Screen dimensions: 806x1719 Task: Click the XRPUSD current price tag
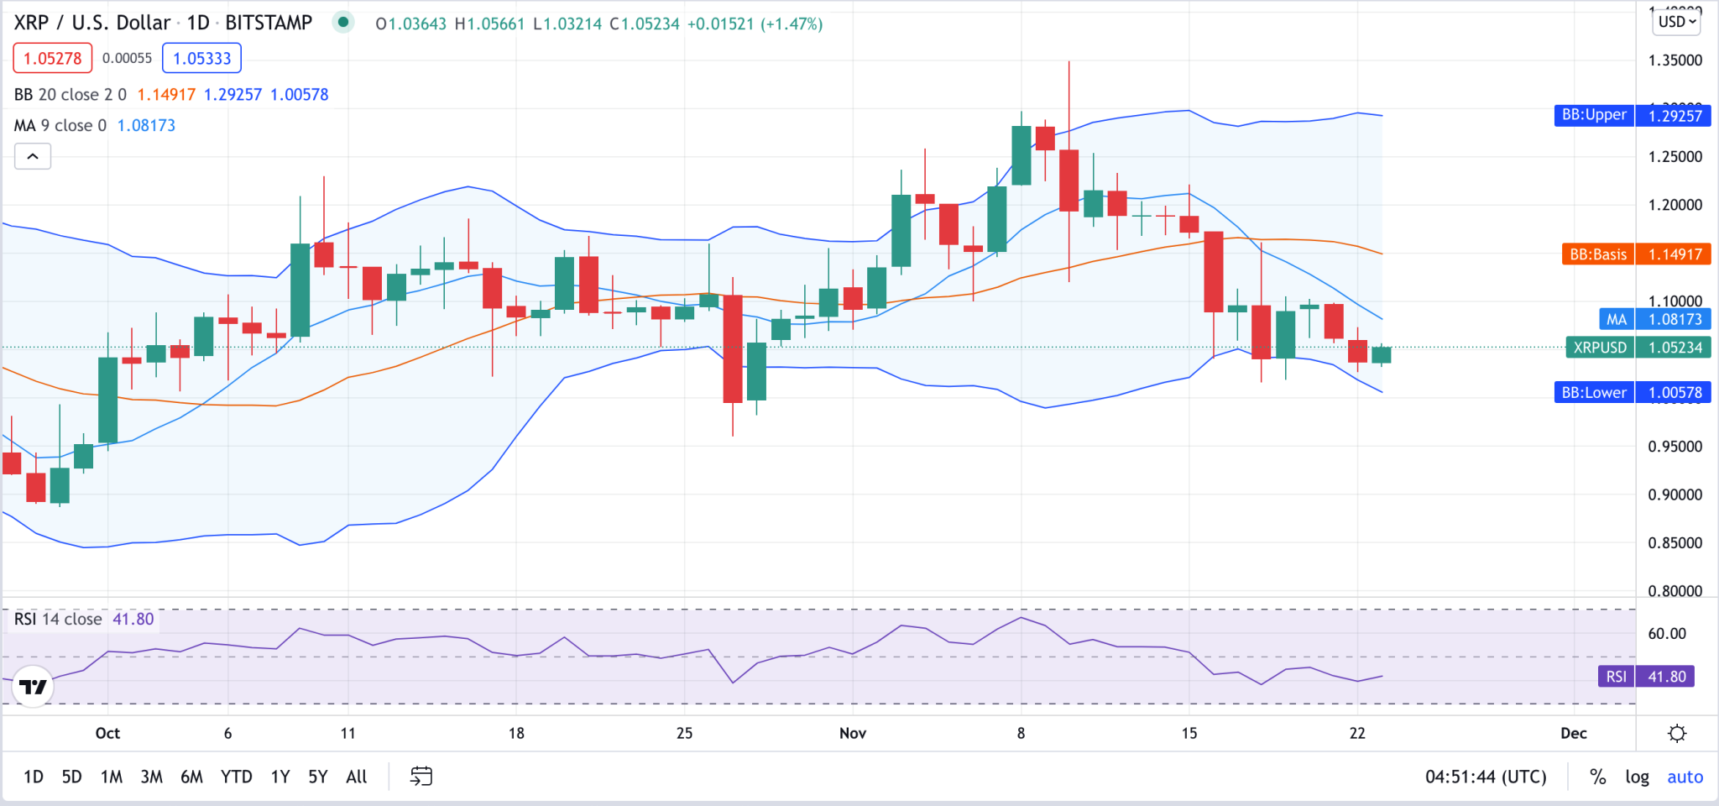pyautogui.click(x=1637, y=348)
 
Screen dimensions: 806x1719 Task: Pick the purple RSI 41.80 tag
pyautogui.click(x=1646, y=677)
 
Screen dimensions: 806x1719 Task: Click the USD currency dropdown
pyautogui.click(x=1676, y=22)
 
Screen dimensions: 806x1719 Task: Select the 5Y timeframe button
pyautogui.click(x=317, y=777)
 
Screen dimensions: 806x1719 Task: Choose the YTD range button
pyautogui.click(x=236, y=777)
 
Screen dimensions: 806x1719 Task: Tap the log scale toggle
pyautogui.click(x=1636, y=777)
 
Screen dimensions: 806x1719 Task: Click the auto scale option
pyautogui.click(x=1685, y=777)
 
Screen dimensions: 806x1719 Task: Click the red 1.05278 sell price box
pyautogui.click(x=52, y=59)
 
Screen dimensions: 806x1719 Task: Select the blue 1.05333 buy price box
pyautogui.click(x=201, y=59)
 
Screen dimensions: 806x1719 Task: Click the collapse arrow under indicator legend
pyautogui.click(x=33, y=156)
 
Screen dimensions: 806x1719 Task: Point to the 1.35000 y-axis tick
pyautogui.click(x=1675, y=60)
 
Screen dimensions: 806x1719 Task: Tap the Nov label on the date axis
pyautogui.click(x=852, y=733)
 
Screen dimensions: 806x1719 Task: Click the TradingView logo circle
pyautogui.click(x=34, y=687)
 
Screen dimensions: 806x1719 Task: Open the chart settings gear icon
pyautogui.click(x=1676, y=733)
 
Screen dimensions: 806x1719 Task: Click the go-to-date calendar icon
pyautogui.click(x=421, y=777)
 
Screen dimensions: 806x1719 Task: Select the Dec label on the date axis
pyautogui.click(x=1573, y=733)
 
